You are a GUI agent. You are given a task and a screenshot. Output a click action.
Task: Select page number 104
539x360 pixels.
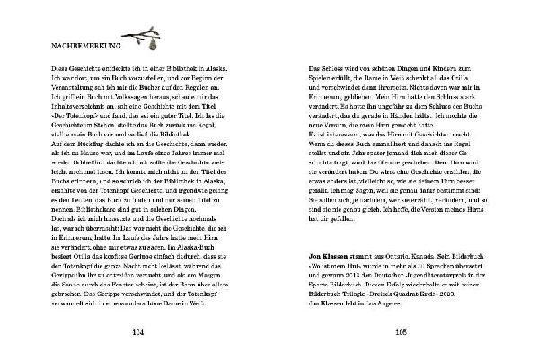pyautogui.click(x=137, y=331)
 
